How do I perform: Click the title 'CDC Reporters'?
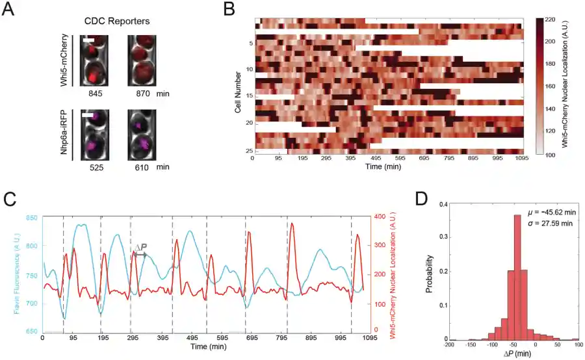(120, 21)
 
